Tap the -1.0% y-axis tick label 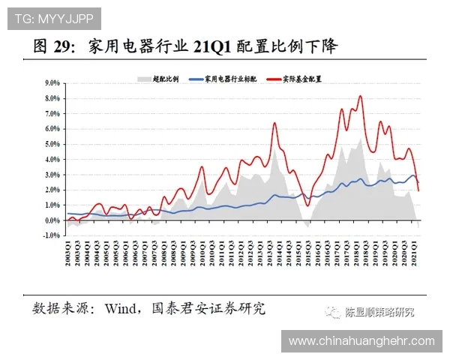(50, 235)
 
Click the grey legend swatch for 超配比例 (143, 78)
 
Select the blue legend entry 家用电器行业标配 (225, 78)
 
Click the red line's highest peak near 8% (361, 96)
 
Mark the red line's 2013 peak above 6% (274, 122)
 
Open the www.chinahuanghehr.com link (361, 341)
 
